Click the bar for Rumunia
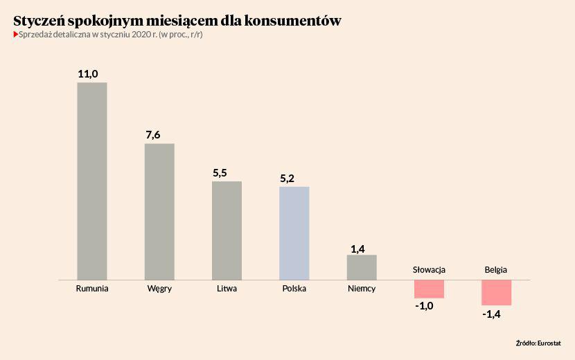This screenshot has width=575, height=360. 91,181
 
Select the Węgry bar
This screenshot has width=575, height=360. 159,211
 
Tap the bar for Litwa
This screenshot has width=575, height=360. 227,230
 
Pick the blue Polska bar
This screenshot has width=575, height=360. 294,233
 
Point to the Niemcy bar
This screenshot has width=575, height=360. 362,267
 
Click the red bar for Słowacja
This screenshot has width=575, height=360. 429,289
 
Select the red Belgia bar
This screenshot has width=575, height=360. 496,292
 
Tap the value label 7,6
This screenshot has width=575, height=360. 153,134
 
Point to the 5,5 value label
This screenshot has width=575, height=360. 220,173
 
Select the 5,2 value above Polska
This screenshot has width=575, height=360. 287,179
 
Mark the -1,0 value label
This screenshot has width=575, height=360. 423,306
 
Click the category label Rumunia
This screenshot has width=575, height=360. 92,289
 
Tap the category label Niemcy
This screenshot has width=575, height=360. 362,289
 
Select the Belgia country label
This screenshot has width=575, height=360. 496,269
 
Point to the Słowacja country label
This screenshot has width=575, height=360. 429,269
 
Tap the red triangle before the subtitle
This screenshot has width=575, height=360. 16,34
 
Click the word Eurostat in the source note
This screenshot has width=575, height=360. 549,343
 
